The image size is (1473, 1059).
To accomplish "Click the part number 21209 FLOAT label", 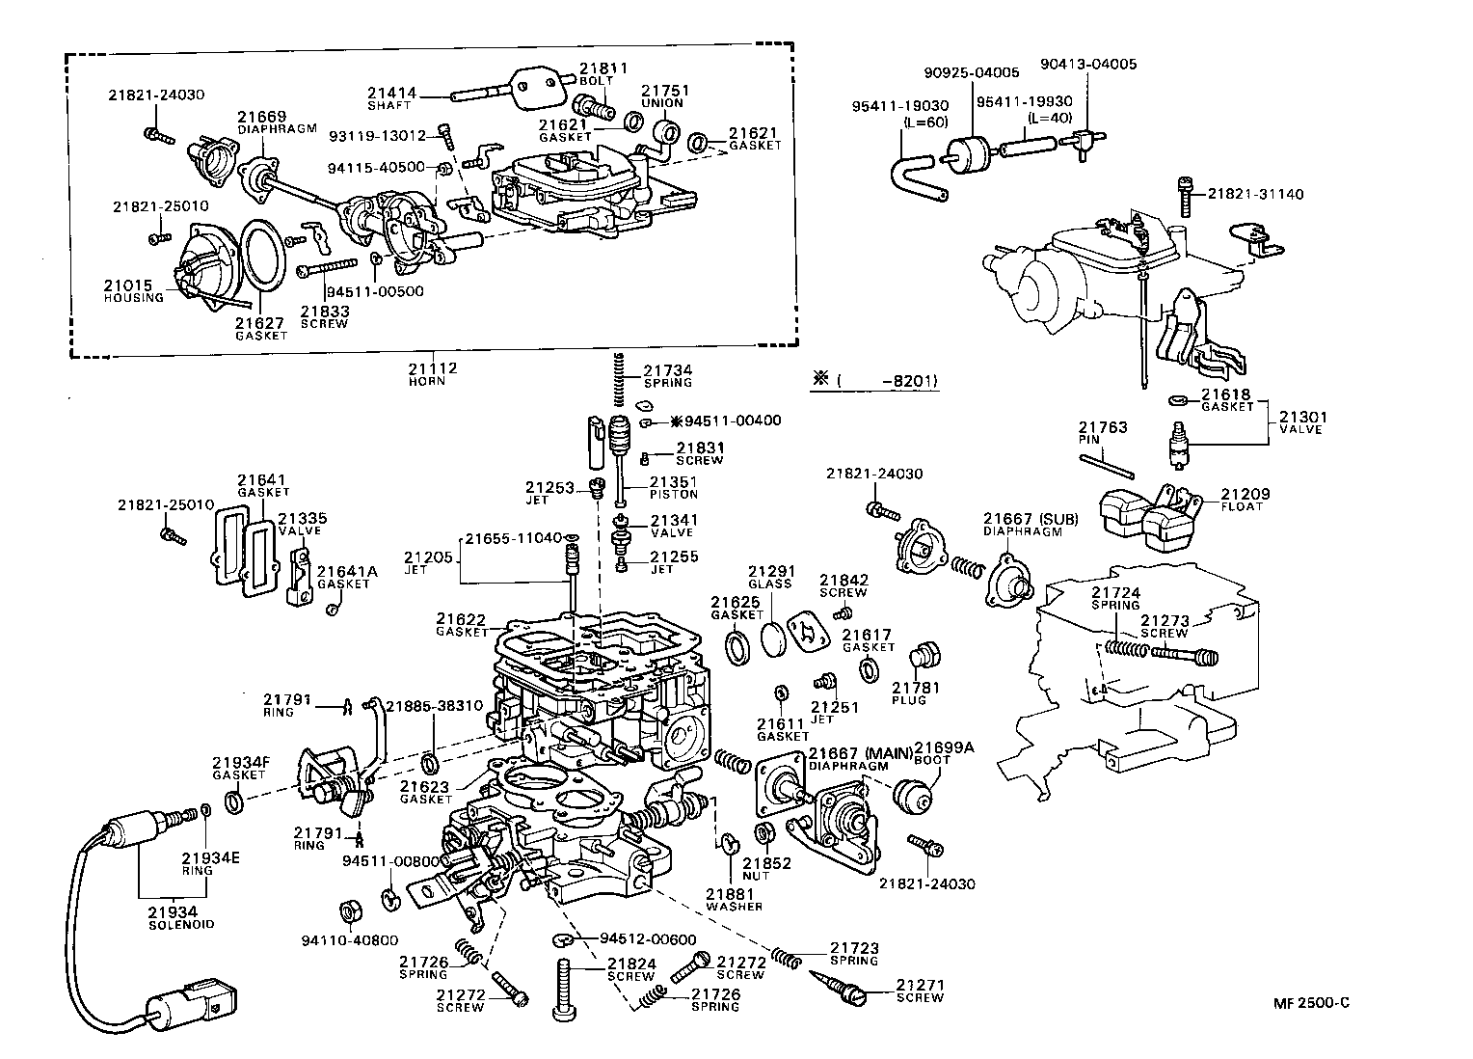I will (1245, 500).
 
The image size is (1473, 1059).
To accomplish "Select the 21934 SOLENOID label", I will (173, 917).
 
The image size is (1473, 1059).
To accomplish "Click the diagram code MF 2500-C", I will (1310, 1002).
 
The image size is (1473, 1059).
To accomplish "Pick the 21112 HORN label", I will (431, 373).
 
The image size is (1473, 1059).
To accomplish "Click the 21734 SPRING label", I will (667, 375).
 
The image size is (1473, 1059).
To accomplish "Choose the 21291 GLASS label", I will (769, 577).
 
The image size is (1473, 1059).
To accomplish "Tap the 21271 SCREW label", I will (920, 991).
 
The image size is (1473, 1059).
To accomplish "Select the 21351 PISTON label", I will (673, 487).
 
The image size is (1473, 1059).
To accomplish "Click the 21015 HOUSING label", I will (134, 290).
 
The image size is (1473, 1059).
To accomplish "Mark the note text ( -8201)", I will (888, 381).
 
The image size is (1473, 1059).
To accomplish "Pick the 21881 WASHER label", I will (734, 900).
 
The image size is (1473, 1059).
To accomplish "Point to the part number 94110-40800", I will (336, 940).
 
